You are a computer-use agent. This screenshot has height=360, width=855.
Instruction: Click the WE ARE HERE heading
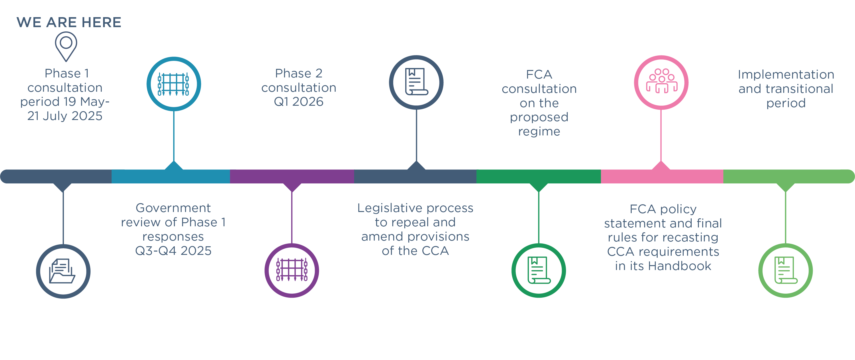69,22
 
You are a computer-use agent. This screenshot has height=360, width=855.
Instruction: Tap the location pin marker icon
66,45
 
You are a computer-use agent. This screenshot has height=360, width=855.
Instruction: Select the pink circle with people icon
661,82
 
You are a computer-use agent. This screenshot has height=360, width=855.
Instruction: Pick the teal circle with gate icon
174,84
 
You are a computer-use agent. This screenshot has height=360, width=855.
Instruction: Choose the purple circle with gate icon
291,270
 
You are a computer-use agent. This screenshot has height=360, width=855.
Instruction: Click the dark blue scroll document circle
416,82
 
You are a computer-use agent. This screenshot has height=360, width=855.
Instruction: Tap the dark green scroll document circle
538,270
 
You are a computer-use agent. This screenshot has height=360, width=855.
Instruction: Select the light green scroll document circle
785,270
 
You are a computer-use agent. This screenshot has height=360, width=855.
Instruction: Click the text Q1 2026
298,102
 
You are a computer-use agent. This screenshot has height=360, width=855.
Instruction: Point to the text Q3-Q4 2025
173,251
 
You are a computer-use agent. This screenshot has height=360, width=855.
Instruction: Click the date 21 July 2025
65,116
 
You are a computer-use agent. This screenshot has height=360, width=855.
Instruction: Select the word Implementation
786,74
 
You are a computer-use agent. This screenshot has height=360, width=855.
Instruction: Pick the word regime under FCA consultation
539,131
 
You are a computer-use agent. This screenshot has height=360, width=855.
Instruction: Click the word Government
173,208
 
